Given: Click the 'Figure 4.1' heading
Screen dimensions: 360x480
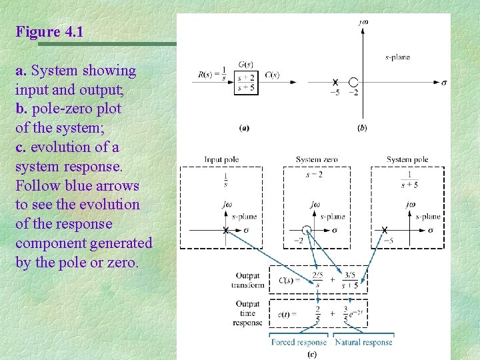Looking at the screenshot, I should click(x=50, y=31).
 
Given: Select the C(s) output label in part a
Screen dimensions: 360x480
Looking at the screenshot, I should click(x=271, y=75).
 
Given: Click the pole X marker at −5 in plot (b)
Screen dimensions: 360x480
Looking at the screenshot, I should click(x=335, y=83).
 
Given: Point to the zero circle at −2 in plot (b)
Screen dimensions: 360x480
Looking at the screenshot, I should click(x=353, y=83).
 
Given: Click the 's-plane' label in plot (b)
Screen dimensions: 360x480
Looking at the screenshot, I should click(x=397, y=57).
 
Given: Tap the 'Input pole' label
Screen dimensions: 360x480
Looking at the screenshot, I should click(x=221, y=160).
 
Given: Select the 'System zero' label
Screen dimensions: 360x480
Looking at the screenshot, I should click(x=317, y=160).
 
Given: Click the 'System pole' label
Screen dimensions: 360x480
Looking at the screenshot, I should click(x=407, y=160).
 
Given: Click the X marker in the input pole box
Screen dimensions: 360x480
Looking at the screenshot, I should click(x=225, y=231).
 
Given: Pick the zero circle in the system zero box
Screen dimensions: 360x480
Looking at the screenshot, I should click(x=306, y=230).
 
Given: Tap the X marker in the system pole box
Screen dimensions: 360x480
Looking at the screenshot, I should click(x=385, y=230).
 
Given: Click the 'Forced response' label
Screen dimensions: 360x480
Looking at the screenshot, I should click(x=299, y=343).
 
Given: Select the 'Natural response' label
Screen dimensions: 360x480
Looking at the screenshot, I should click(x=363, y=343).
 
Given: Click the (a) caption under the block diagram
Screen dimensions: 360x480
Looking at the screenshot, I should click(x=245, y=127).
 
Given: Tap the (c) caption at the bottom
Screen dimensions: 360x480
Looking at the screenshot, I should click(x=311, y=354).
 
